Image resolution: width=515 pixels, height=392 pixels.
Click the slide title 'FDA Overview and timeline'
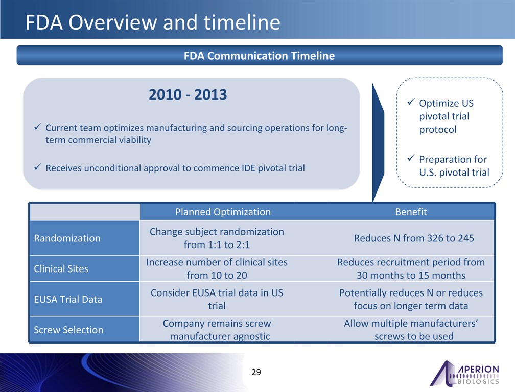[153, 22]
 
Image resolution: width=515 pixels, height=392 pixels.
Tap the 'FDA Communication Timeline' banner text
[259, 56]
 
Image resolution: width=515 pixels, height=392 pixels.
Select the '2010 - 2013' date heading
[188, 94]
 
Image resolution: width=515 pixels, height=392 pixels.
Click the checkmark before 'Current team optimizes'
[37, 127]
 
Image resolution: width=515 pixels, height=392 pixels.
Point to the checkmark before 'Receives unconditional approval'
[37, 167]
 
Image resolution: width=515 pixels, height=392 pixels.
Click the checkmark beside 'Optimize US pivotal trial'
[411, 102]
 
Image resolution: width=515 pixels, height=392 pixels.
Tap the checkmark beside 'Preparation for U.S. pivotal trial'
[411, 158]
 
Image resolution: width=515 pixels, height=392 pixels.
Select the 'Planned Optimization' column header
[223, 212]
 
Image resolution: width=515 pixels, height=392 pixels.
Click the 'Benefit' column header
[411, 212]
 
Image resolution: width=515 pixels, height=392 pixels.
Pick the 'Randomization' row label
[67, 238]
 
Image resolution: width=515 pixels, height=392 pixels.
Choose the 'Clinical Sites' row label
[61, 268]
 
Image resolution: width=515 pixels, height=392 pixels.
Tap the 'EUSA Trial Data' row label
[68, 299]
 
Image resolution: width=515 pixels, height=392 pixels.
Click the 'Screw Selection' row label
[68, 330]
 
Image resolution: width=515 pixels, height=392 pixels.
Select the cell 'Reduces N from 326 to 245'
[414, 238]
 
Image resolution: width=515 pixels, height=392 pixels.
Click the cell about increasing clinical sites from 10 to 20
[217, 268]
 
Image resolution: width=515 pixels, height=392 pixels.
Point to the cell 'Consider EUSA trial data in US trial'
[217, 299]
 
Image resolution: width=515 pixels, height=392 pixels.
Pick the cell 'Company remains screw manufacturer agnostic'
[217, 330]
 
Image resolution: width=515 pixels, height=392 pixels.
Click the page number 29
[256, 372]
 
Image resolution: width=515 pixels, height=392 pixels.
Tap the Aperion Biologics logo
[464, 373]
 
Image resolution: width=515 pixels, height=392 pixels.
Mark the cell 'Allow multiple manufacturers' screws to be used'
[411, 330]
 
